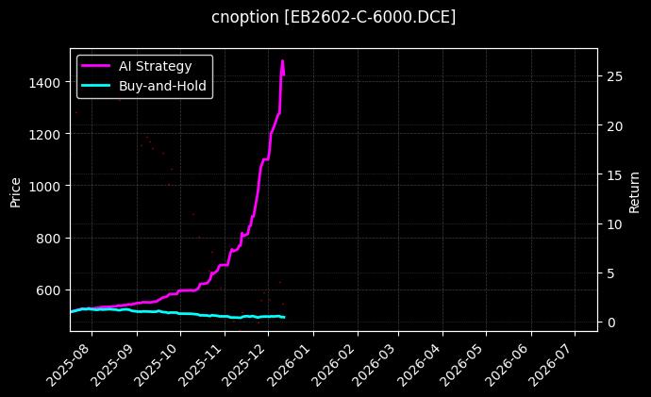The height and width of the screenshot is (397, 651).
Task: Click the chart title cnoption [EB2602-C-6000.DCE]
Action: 333,17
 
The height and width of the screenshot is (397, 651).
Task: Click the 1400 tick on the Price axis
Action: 45,83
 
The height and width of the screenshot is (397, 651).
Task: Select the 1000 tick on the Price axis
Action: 45,187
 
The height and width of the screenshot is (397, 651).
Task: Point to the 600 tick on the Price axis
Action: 49,290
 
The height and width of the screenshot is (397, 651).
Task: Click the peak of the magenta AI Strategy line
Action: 282,61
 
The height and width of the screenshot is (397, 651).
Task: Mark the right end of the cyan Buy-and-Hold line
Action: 284,317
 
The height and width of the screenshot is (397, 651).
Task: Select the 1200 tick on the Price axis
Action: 45,135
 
